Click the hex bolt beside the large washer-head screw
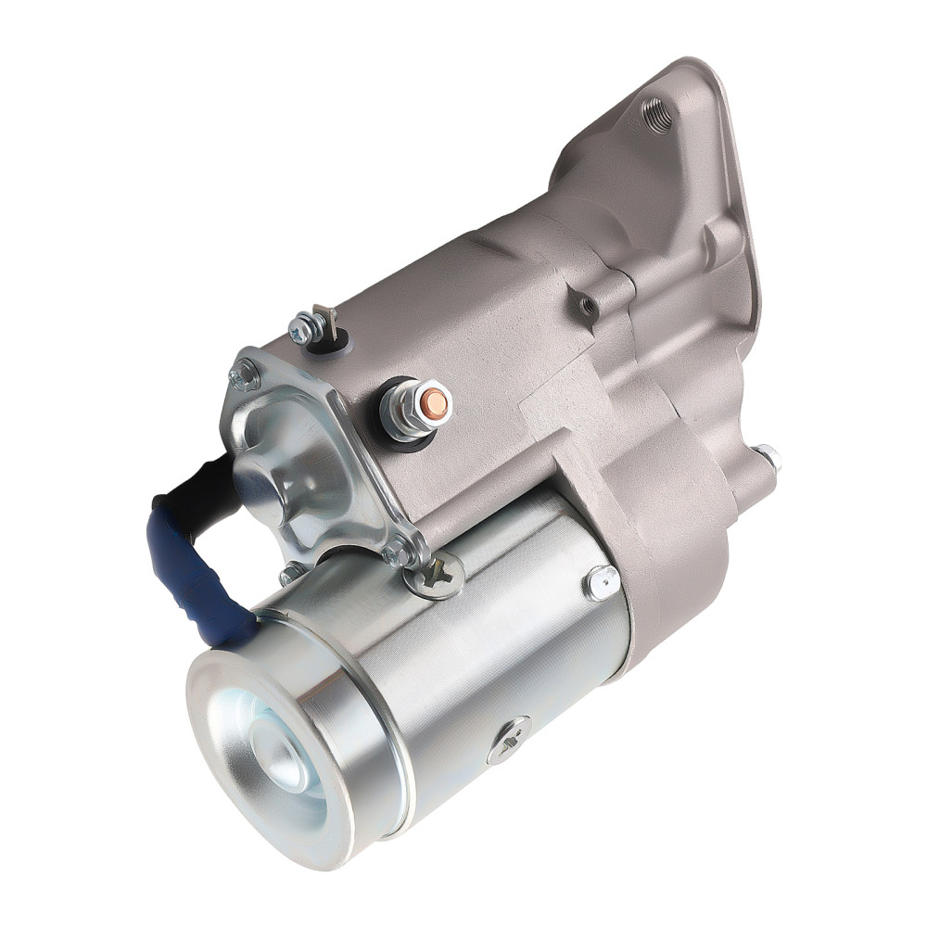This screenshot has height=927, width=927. [400, 553]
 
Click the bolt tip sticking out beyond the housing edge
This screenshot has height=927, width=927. [768, 456]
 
